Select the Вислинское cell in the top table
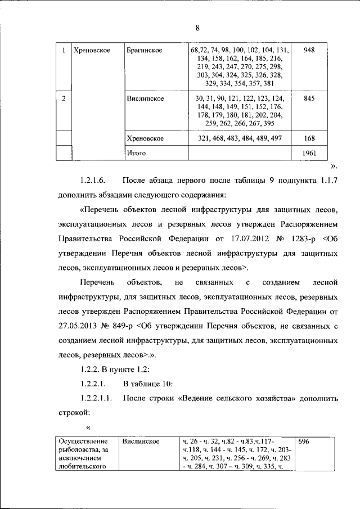pyautogui.click(x=146, y=98)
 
